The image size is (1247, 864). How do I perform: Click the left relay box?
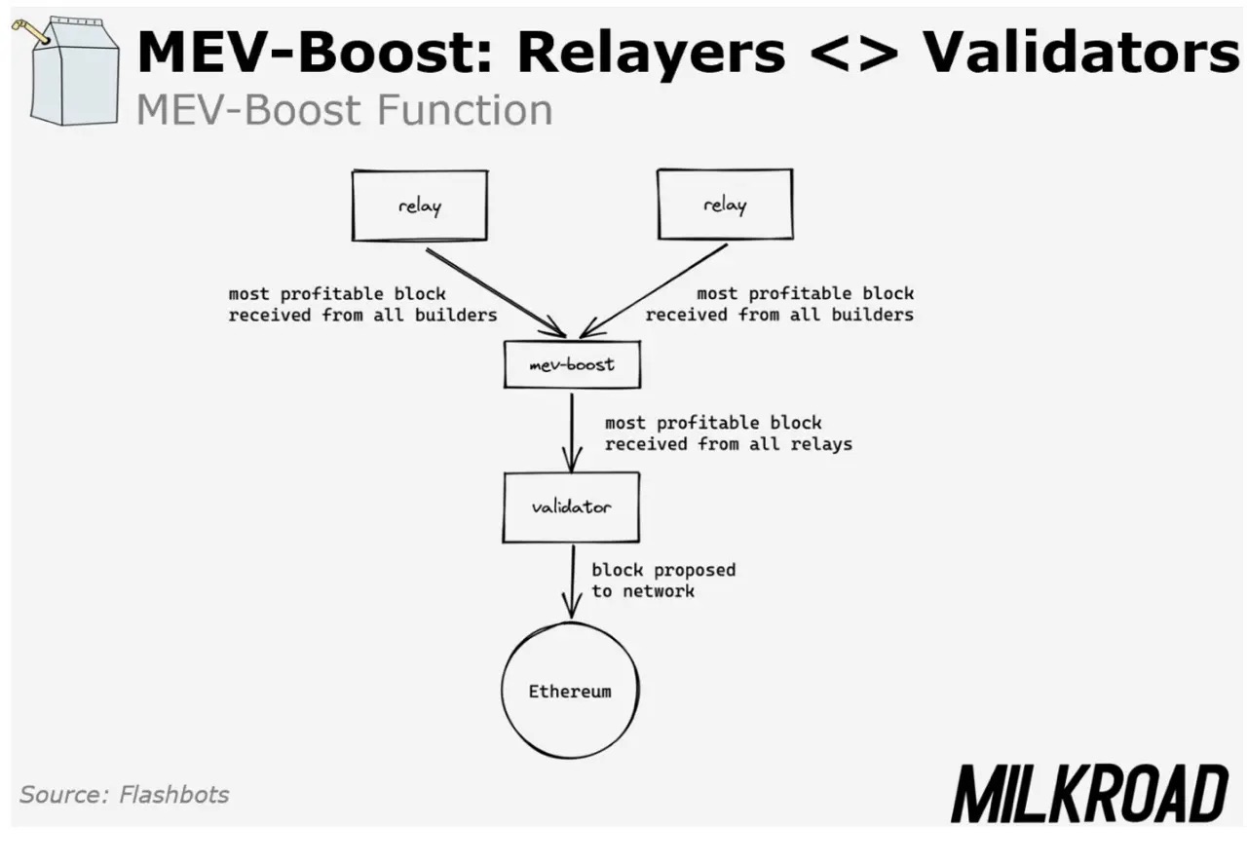419,206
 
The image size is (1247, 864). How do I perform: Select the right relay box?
724,205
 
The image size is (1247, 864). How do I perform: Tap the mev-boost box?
573,364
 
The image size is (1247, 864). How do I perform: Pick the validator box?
572,507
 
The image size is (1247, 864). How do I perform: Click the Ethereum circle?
570,692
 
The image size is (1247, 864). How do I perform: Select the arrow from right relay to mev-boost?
658,288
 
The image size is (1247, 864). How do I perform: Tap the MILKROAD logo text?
1089,794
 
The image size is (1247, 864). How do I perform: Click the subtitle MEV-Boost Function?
344,110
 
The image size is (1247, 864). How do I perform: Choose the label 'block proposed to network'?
662,581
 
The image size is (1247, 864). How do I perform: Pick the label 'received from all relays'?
729,444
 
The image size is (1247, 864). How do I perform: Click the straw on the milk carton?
32,31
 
